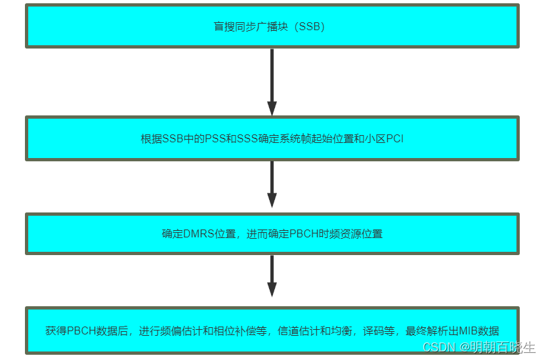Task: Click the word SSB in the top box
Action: [310, 27]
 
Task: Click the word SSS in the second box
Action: [253, 139]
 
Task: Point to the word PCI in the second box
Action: [394, 139]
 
